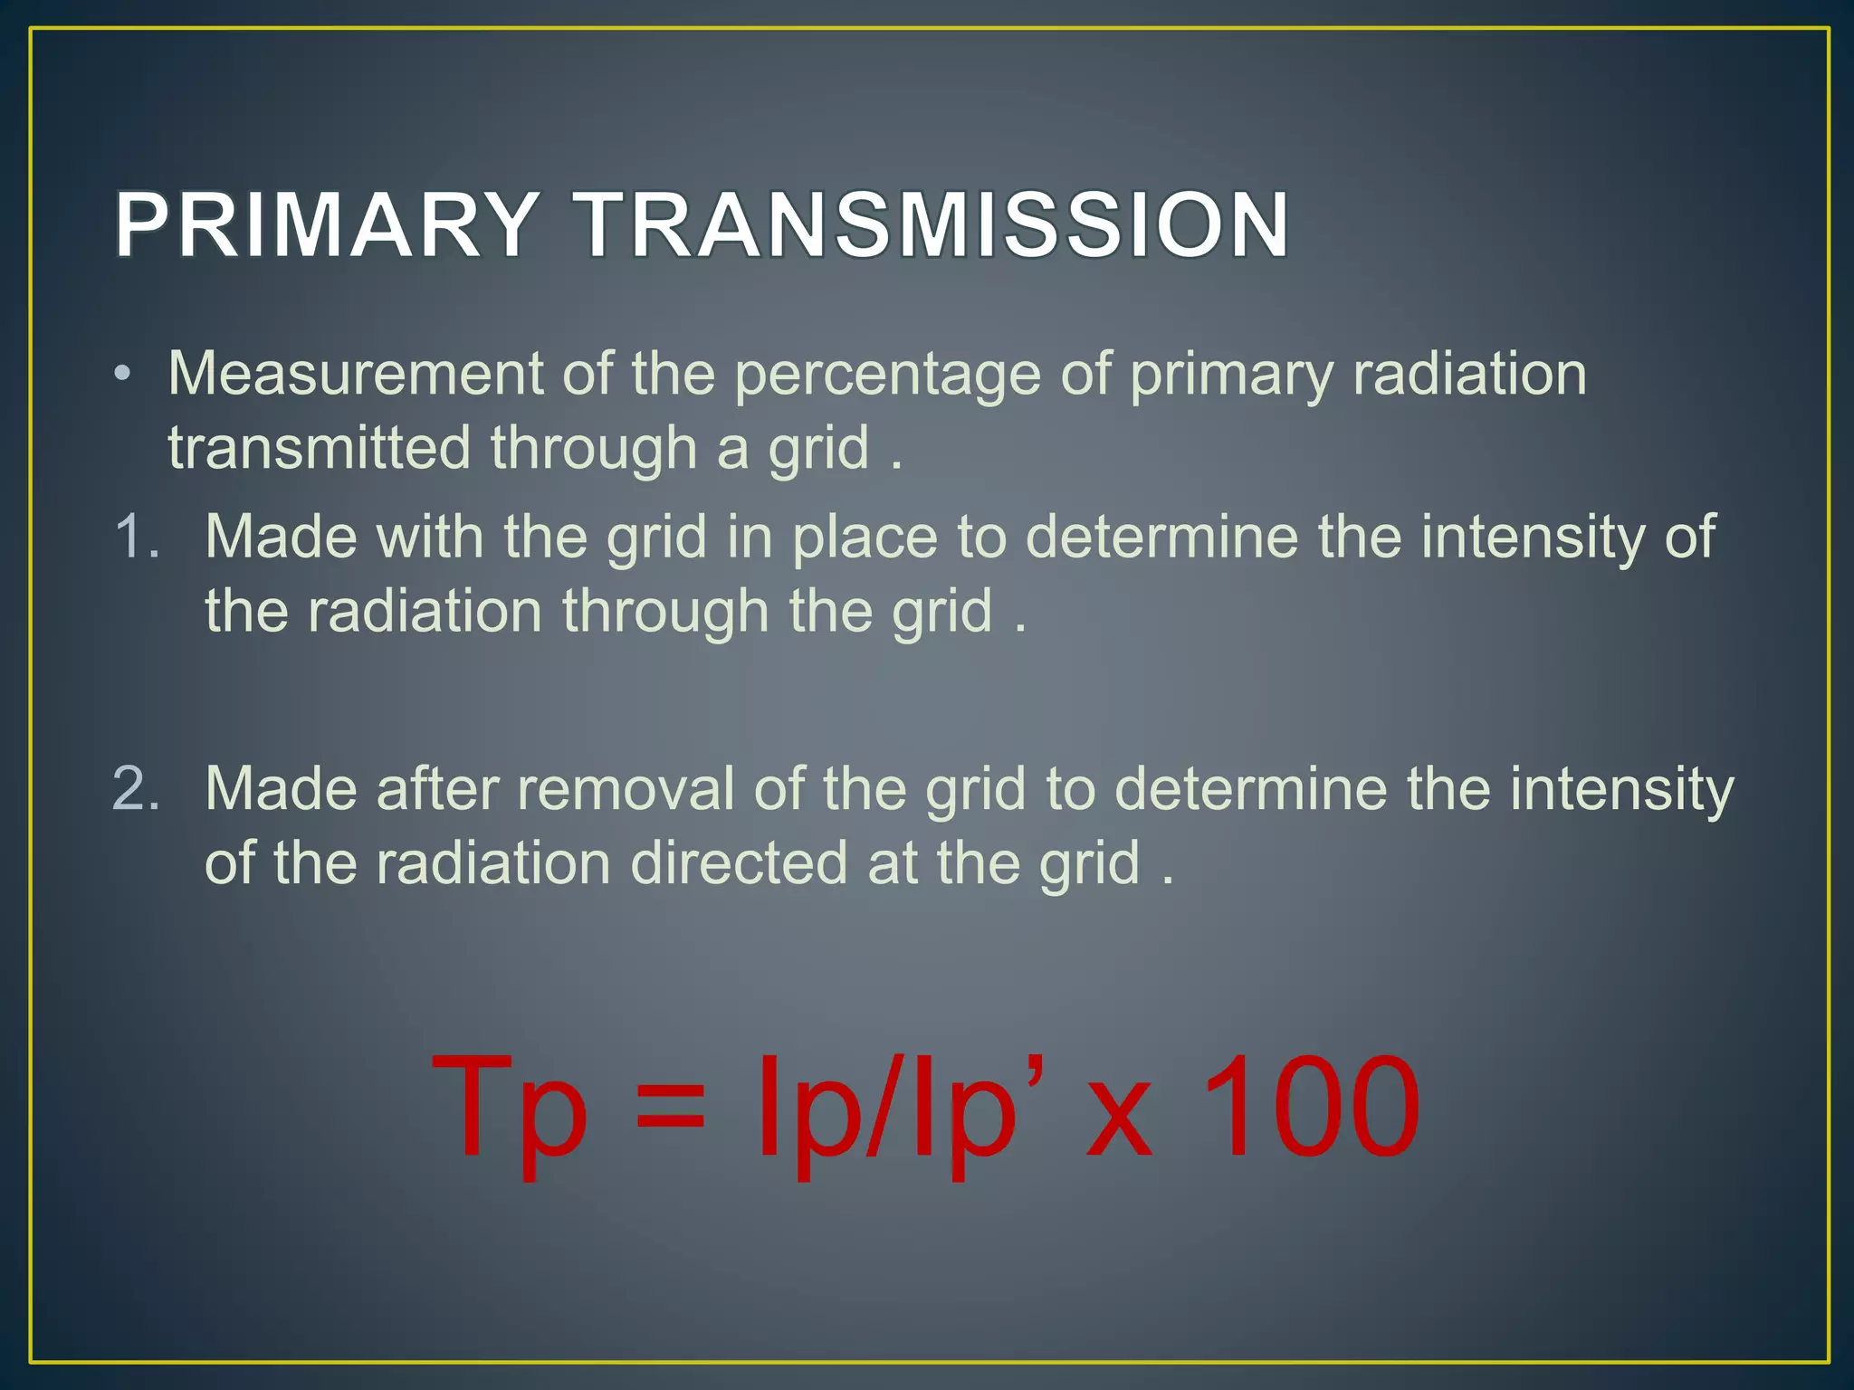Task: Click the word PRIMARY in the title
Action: tap(327, 225)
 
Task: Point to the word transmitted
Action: tap(320, 448)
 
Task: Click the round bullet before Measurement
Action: tap(123, 375)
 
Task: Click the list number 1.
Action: tap(136, 537)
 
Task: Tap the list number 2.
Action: tap(136, 788)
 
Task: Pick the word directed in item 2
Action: tap(739, 862)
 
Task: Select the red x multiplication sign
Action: tap(1119, 1122)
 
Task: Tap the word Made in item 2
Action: tap(281, 788)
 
